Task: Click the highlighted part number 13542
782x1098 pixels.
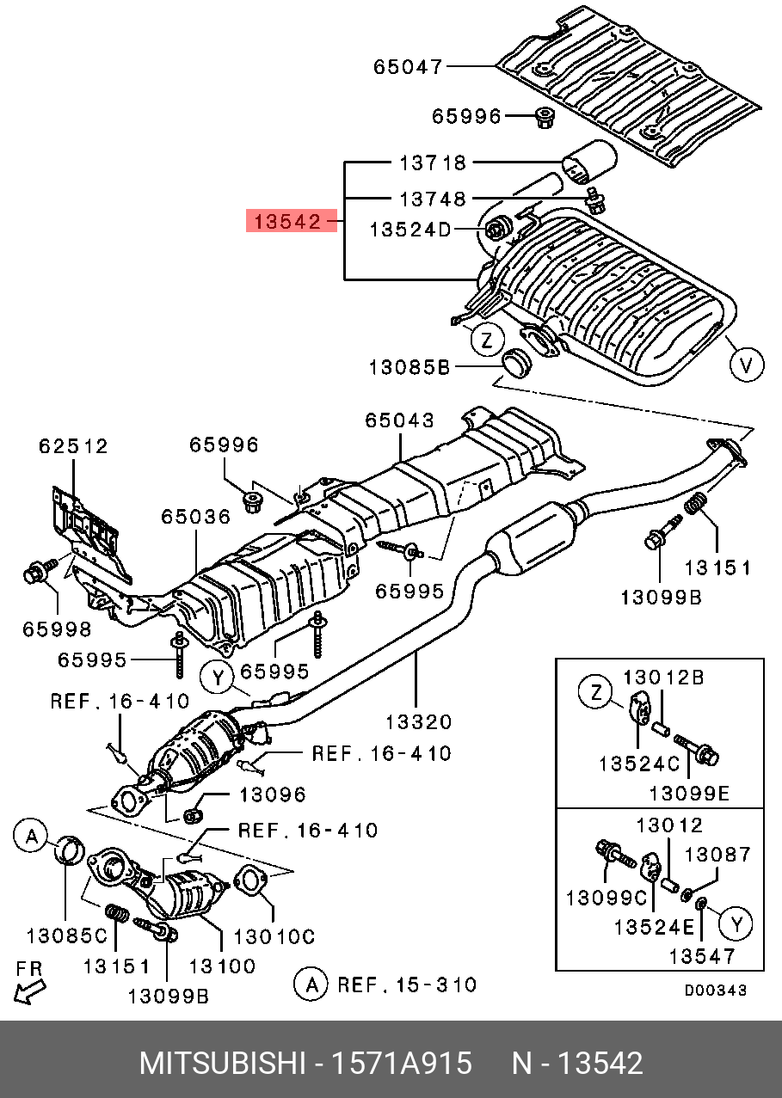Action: tap(287, 221)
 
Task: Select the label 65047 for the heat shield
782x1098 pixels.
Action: tap(408, 67)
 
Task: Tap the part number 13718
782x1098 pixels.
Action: tap(433, 163)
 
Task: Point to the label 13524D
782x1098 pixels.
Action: tap(410, 230)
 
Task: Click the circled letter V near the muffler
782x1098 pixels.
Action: tap(746, 365)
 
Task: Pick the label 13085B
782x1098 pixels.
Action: tap(409, 367)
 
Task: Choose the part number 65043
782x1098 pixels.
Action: tap(400, 420)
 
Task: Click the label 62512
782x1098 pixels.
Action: tap(74, 446)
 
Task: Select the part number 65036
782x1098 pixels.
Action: tap(196, 517)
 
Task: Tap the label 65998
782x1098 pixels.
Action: tap(58, 629)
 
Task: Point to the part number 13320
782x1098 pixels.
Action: tap(418, 722)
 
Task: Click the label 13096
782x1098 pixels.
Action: tap(273, 794)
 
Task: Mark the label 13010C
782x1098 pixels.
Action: tap(274, 936)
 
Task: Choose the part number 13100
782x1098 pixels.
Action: tap(222, 966)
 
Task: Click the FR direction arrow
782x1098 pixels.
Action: tap(30, 992)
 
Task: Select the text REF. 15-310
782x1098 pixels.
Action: tap(407, 985)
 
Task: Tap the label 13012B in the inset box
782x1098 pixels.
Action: tap(664, 678)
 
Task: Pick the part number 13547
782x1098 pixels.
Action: tap(703, 956)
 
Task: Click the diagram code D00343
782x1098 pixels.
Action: tap(716, 991)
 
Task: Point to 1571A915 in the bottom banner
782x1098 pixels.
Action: tap(402, 1063)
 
